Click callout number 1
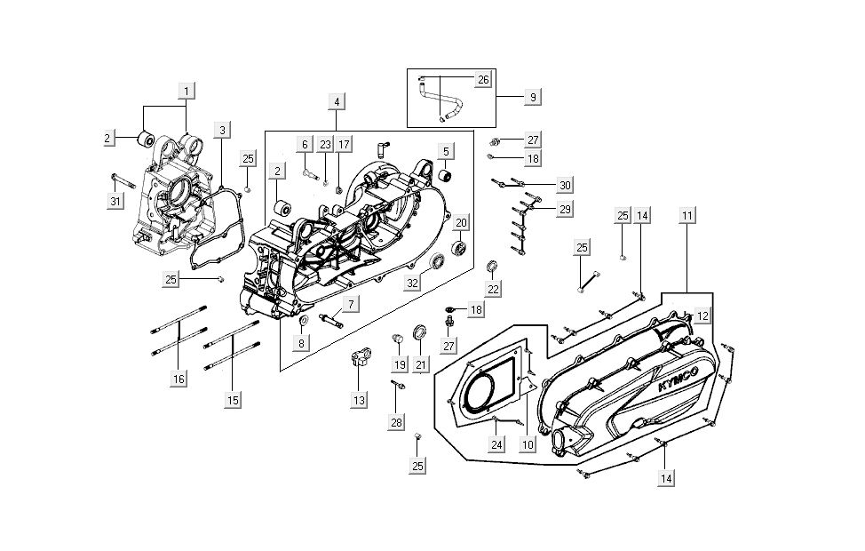click(186, 91)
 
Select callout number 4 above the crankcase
click(337, 102)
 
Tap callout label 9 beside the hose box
click(532, 96)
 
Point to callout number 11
click(688, 216)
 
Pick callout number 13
click(358, 401)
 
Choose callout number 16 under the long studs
click(179, 379)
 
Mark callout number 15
click(232, 400)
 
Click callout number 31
click(115, 202)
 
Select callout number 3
click(223, 130)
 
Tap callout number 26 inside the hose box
click(483, 80)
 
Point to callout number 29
click(564, 209)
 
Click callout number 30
click(564, 185)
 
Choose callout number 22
click(493, 289)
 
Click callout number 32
click(413, 283)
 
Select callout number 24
click(497, 444)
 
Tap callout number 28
click(396, 422)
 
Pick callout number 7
click(351, 304)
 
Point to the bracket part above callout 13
click(361, 360)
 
